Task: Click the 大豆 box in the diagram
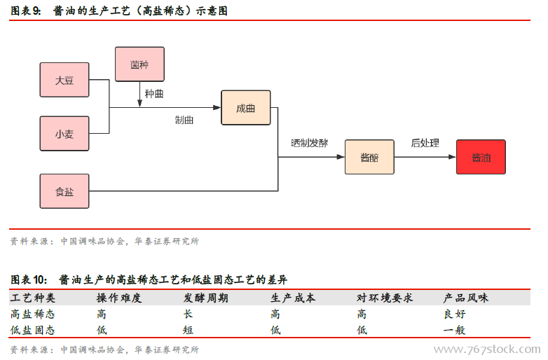(x=64, y=81)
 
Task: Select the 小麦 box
(x=64, y=134)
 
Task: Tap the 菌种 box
(x=139, y=64)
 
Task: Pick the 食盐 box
(x=64, y=191)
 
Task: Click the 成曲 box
(x=245, y=108)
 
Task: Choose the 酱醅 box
(x=369, y=158)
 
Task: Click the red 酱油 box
(x=481, y=158)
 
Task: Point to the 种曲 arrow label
(x=155, y=93)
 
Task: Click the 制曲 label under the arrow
(x=184, y=120)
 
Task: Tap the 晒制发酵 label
(x=309, y=143)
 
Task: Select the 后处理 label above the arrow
(x=425, y=143)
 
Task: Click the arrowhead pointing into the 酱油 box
(x=451, y=158)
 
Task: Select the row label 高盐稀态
(x=33, y=314)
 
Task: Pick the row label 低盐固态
(x=33, y=330)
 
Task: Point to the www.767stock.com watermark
(x=487, y=349)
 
